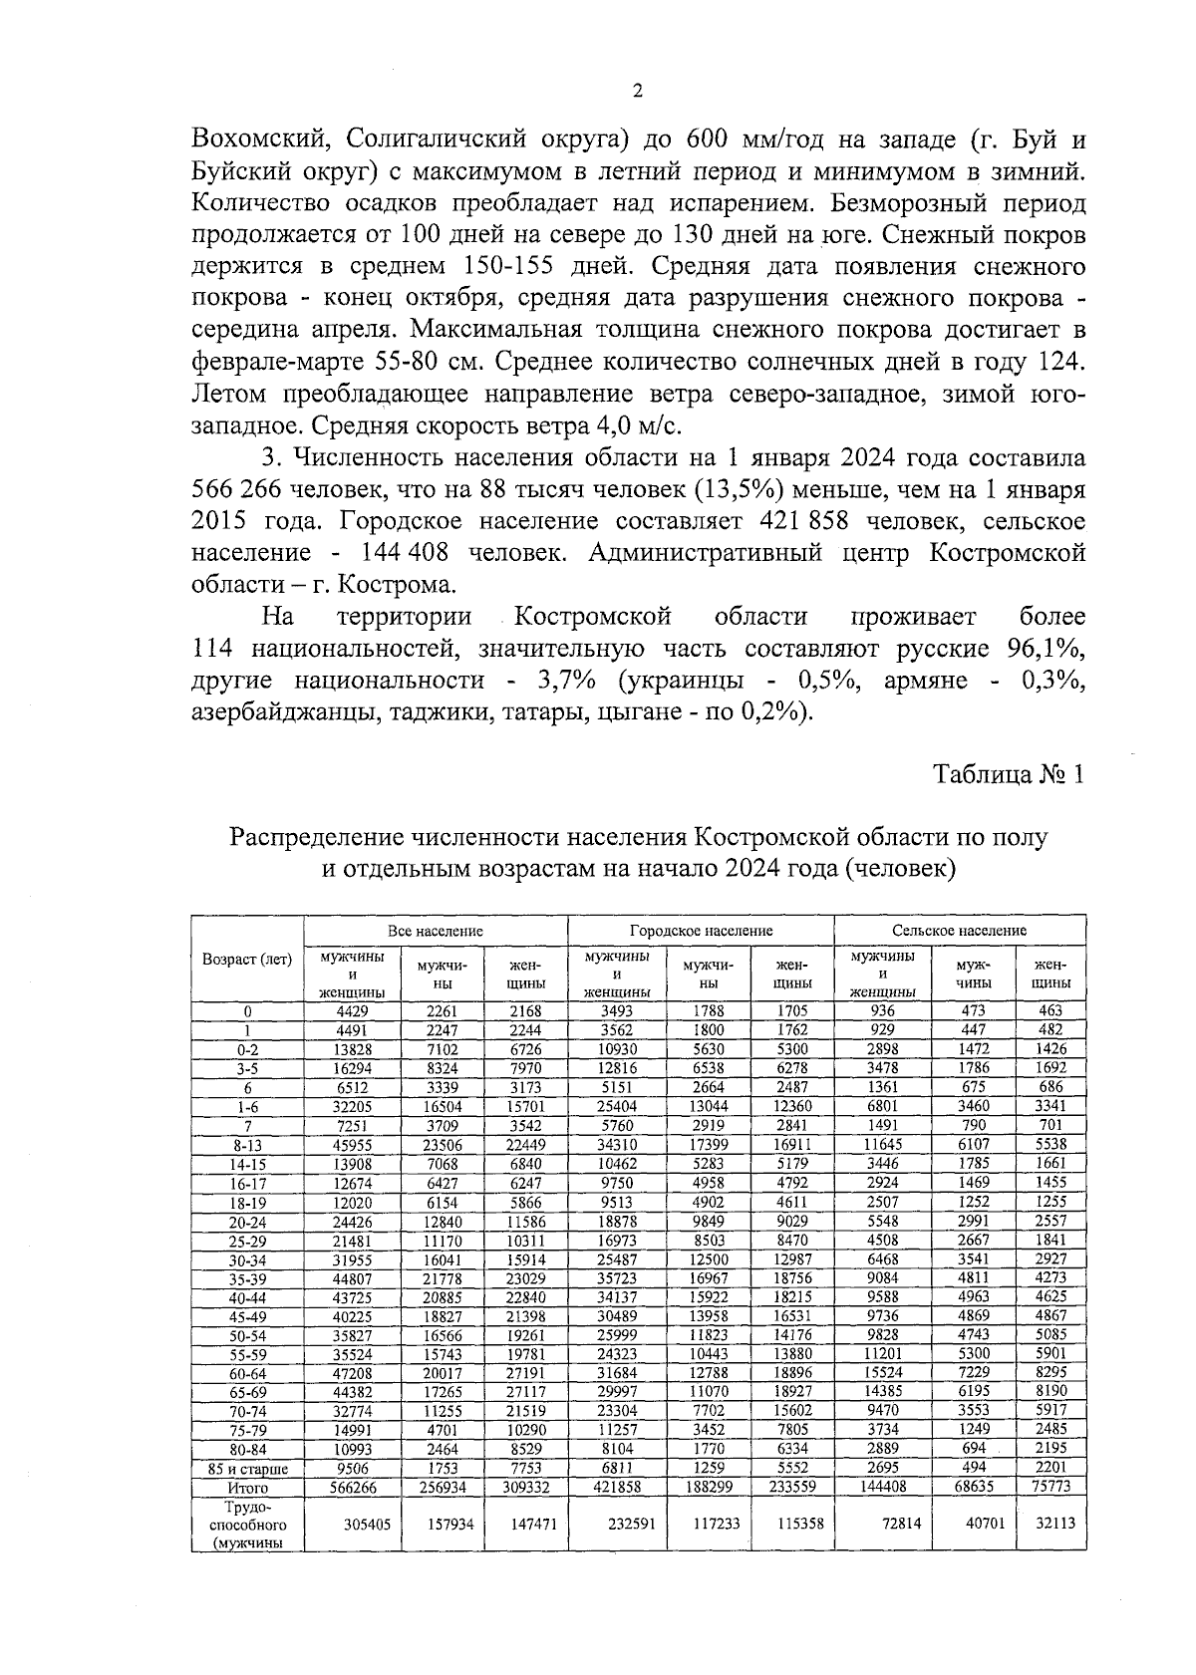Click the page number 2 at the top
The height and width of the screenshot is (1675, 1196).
click(x=638, y=92)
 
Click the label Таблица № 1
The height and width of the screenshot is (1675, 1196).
click(x=1008, y=775)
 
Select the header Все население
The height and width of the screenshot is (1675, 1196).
click(x=436, y=930)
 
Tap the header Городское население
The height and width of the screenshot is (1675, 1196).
click(x=701, y=930)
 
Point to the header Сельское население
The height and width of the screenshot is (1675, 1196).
click(x=959, y=930)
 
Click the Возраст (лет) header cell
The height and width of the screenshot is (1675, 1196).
click(x=247, y=959)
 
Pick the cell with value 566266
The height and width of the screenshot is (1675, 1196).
click(x=353, y=1488)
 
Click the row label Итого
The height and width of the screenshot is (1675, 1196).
click(x=247, y=1488)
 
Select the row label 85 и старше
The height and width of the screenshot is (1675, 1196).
click(x=247, y=1469)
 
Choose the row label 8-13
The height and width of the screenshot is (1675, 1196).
click(x=247, y=1144)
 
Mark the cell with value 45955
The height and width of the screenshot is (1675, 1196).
click(x=353, y=1144)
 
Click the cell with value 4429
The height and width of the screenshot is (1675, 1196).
click(x=353, y=1010)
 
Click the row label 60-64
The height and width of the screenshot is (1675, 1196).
click(x=247, y=1373)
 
